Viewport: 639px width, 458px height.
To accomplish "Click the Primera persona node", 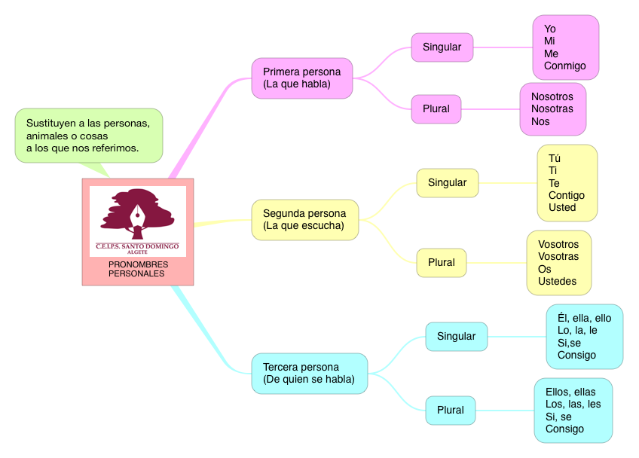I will coord(301,78).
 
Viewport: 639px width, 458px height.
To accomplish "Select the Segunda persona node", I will coord(304,219).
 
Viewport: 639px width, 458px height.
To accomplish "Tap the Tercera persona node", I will coord(309,373).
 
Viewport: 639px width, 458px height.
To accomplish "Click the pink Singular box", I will coord(442,47).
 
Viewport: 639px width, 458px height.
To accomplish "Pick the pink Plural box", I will coord(436,108).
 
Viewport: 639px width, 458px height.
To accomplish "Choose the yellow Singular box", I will coord(447,182).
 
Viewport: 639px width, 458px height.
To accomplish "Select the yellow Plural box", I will coord(441,262).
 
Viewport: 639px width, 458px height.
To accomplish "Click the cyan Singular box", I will coord(456,336).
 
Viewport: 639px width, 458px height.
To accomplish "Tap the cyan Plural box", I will coord(450,410).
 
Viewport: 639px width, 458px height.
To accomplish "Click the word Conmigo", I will coord(564,66).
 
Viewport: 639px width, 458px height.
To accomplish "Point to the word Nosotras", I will coord(552,108).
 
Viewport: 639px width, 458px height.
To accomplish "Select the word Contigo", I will coord(566,195).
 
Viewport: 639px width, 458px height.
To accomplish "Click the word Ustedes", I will coord(557,281).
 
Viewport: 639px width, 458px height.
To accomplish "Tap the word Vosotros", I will coord(558,244).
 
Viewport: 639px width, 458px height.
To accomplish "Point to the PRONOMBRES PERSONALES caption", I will coord(138,269).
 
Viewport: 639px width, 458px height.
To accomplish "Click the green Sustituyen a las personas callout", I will coord(88,136).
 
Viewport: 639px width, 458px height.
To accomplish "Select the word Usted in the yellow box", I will coord(562,207).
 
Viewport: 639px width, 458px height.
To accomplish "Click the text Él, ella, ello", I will coord(584,318).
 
